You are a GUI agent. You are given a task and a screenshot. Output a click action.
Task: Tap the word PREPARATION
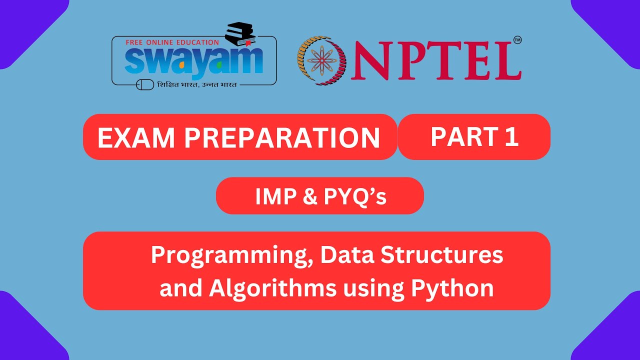[x=282, y=137]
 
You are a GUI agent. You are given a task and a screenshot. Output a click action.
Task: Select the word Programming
[x=231, y=256]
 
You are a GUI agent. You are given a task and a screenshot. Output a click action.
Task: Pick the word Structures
[x=442, y=255]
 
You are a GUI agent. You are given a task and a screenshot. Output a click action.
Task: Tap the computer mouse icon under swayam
[x=145, y=84]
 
